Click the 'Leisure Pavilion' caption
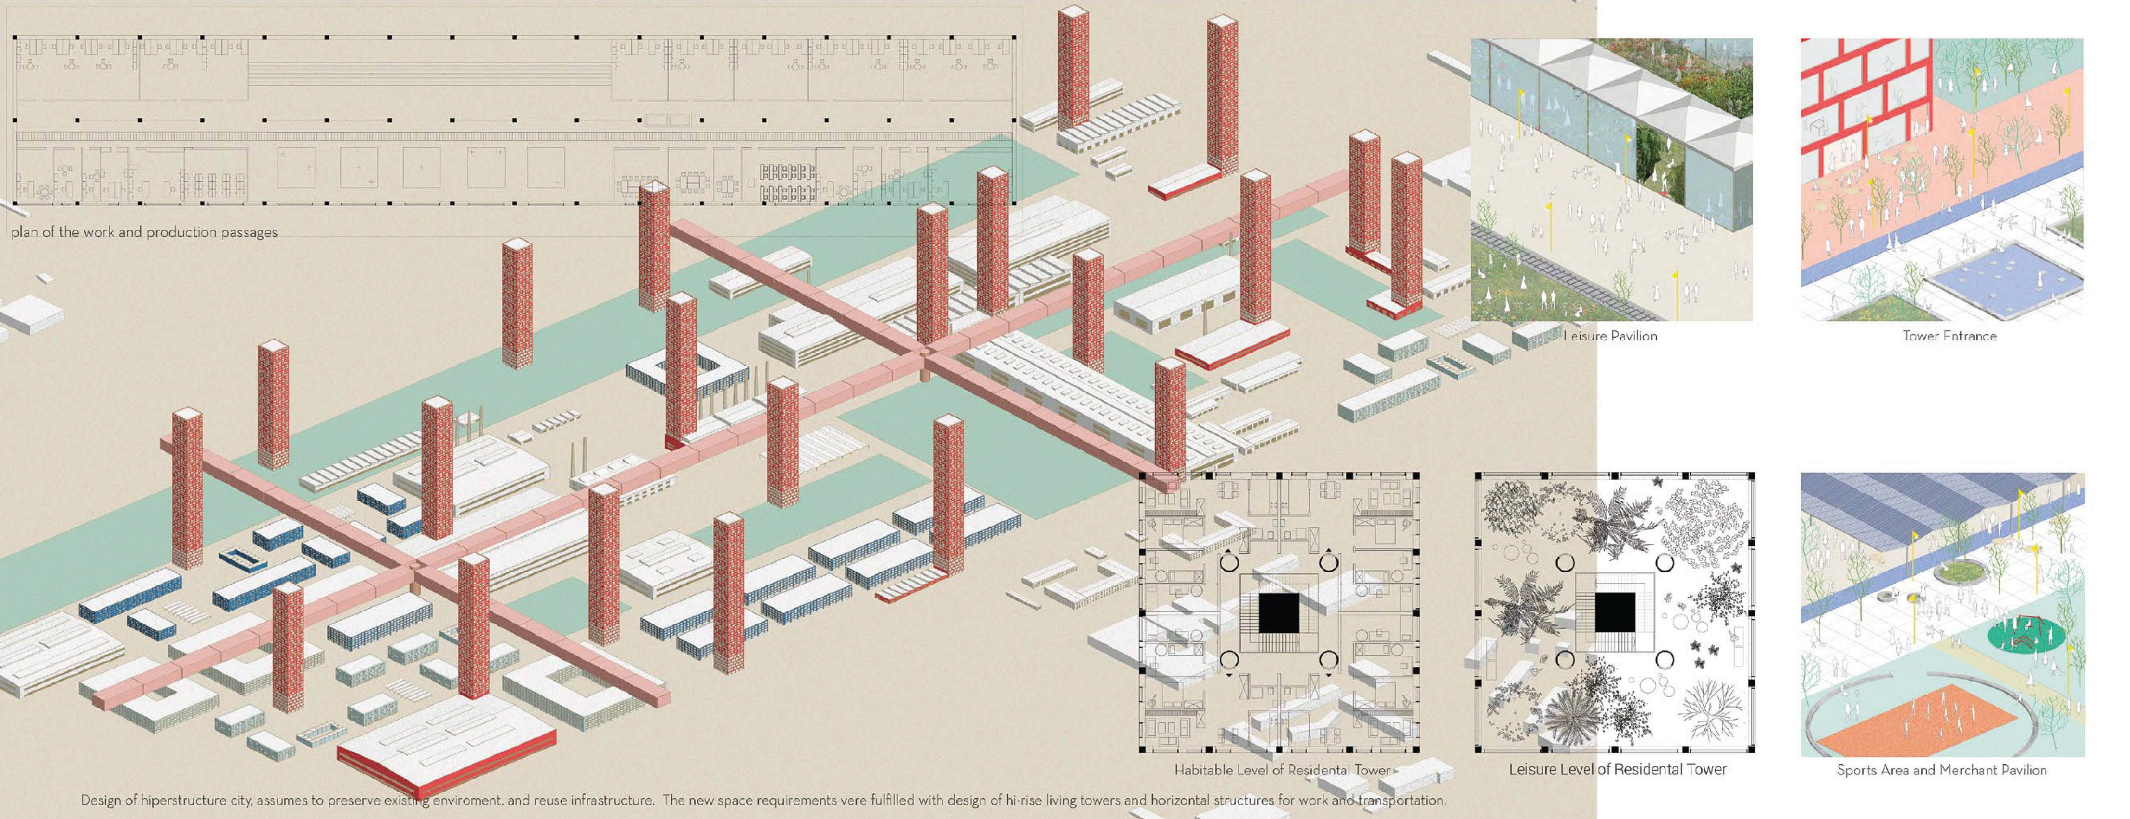(1610, 336)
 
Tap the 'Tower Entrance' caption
(1949, 336)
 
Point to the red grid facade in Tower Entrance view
(1865, 107)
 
